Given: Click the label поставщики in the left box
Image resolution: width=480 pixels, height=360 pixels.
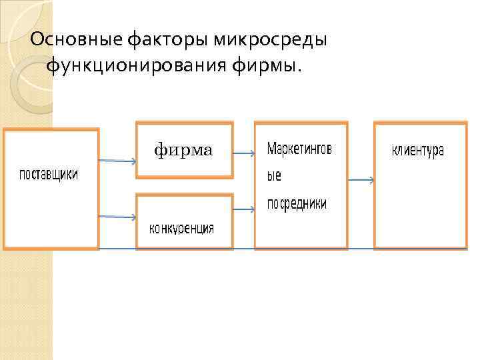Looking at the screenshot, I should pyautogui.click(x=48, y=175).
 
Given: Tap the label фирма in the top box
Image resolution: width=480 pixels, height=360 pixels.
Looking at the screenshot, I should pyautogui.click(x=183, y=151).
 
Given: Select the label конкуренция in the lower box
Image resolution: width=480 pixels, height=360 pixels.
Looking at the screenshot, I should pyautogui.click(x=181, y=229).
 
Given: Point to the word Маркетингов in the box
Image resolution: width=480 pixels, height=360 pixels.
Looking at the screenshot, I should pyautogui.click(x=299, y=149).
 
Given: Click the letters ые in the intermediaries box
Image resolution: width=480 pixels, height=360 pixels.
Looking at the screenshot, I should pyautogui.click(x=274, y=177).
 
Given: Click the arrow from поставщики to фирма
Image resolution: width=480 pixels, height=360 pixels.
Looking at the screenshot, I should pyautogui.click(x=117, y=161).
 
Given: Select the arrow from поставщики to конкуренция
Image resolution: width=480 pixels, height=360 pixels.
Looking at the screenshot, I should pyautogui.click(x=117, y=217).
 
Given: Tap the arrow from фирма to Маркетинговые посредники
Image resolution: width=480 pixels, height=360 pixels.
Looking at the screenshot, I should pyautogui.click(x=243, y=154).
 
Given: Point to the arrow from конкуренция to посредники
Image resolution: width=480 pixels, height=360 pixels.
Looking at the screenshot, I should pyautogui.click(x=243, y=210).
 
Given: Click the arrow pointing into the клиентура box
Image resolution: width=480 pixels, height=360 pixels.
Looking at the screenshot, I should pyautogui.click(x=361, y=180).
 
